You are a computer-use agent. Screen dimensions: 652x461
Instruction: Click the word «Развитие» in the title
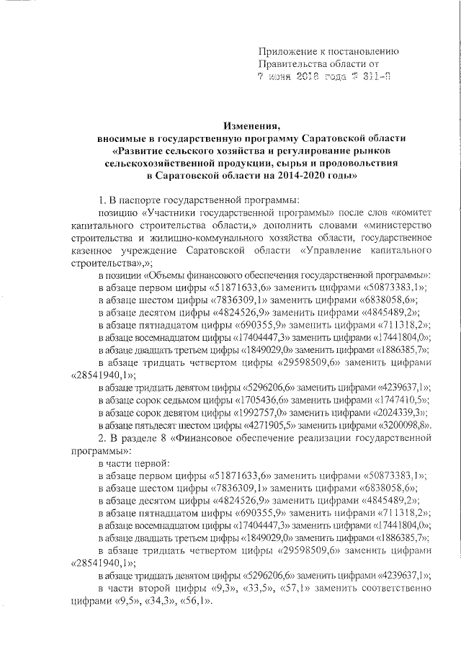(146, 150)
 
